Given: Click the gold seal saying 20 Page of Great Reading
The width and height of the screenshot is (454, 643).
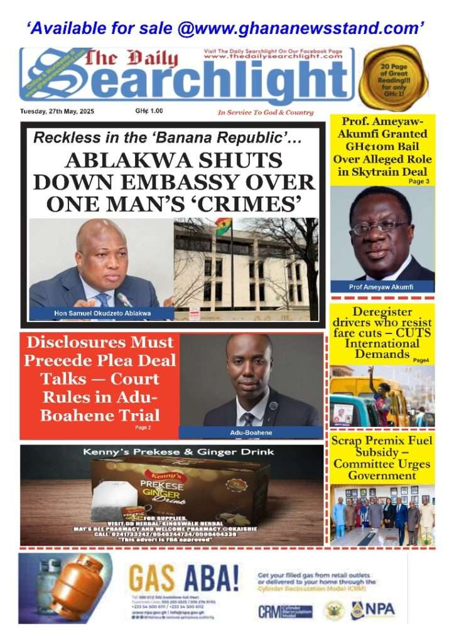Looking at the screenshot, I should point(393,78).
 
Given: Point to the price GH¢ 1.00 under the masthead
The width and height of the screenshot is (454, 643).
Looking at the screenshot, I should point(149,111).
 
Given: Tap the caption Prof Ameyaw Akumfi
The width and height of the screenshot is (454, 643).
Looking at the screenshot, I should point(382,286).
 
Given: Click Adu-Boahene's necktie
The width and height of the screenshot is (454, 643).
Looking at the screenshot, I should point(249,419).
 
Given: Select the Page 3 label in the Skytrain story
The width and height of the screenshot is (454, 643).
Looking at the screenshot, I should point(419,181).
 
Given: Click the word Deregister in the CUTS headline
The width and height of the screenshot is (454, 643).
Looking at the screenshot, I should point(382,312).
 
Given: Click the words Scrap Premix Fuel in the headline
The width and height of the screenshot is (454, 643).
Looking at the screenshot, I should point(382,441).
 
